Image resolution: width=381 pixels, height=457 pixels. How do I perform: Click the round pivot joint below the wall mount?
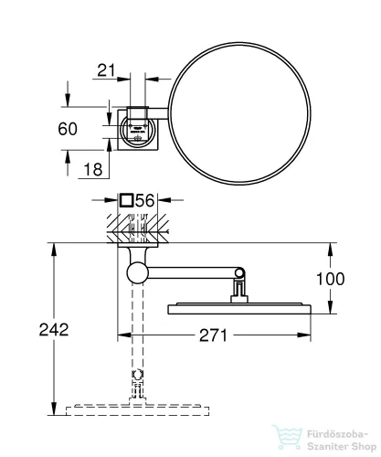pos(139,271)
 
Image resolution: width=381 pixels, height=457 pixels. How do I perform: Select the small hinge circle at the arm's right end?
pos(240,272)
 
